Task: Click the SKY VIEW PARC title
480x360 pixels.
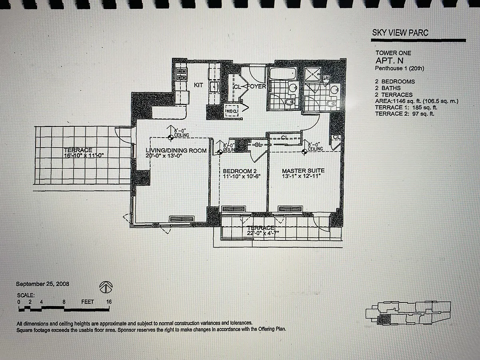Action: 400,33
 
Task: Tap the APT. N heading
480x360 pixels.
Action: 389,60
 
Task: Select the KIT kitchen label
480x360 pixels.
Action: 198,85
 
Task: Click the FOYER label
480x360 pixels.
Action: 257,86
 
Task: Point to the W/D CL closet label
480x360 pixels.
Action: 232,111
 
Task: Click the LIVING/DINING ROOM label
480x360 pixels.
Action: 176,151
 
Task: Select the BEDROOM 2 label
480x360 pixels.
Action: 240,171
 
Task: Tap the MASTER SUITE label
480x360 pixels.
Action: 303,171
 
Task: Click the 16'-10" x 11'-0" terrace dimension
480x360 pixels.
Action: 84,156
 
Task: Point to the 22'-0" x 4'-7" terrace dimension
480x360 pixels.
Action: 263,233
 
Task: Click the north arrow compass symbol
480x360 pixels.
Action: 106,287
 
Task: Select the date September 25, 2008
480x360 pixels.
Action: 42,284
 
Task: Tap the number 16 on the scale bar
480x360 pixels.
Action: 109,302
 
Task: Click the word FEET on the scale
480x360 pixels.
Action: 88,302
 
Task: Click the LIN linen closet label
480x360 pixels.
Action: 326,78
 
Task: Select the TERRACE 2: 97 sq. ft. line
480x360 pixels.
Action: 404,114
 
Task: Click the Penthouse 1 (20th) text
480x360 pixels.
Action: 400,68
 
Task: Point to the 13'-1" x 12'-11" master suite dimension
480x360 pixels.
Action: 301,176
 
